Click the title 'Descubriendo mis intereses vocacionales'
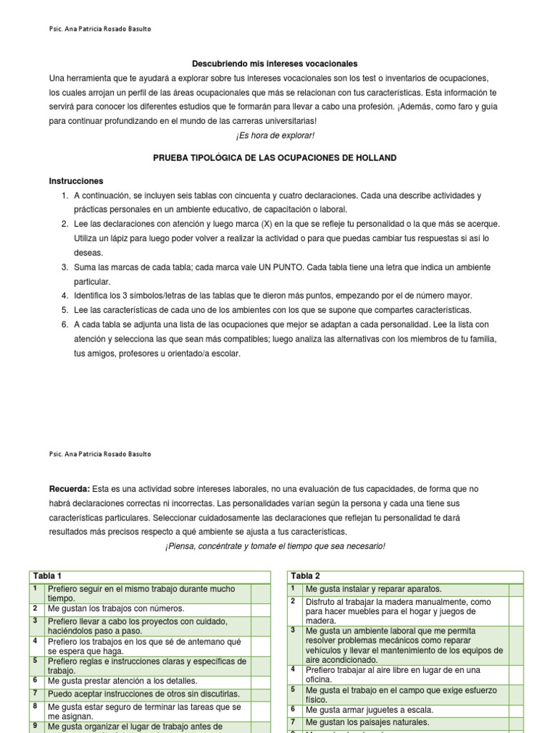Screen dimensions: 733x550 click(275, 64)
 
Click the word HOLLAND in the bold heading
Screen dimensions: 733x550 click(373, 157)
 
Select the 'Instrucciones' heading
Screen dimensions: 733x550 click(76, 181)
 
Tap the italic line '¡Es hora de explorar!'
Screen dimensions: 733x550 click(275, 135)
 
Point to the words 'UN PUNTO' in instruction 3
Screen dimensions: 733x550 click(289, 267)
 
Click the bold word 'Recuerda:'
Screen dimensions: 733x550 click(69, 489)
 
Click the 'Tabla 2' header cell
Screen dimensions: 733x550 click(306, 576)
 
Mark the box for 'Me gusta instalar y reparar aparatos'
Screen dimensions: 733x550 click(516, 589)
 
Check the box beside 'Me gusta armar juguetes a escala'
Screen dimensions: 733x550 click(516, 709)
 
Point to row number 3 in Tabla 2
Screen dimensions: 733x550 click(294, 630)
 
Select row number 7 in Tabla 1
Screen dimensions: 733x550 click(35, 694)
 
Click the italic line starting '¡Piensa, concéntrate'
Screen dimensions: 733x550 click(275, 546)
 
